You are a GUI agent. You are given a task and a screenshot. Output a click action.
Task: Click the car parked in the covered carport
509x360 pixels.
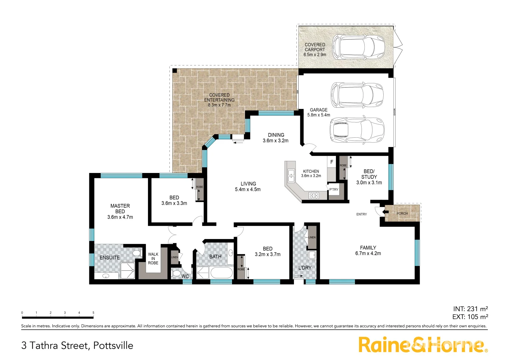[359, 47]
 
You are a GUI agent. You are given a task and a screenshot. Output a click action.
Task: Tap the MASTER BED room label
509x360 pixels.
[120, 209]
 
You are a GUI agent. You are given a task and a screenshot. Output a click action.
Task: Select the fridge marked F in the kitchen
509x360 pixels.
[332, 162]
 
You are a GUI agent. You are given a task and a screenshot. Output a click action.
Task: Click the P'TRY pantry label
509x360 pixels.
[334, 190]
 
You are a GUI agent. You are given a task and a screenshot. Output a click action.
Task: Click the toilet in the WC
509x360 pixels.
[176, 274]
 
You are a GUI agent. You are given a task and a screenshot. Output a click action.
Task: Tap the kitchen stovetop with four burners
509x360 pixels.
[314, 196]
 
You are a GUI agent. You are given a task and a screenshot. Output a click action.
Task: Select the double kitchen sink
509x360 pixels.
[291, 176]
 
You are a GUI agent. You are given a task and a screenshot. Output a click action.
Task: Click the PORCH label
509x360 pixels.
[402, 214]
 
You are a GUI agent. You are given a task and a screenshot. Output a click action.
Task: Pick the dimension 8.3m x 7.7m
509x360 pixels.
[219, 105]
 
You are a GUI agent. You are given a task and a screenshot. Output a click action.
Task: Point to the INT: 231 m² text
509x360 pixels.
[470, 309]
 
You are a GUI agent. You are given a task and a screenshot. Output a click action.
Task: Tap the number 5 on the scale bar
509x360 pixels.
[93, 313]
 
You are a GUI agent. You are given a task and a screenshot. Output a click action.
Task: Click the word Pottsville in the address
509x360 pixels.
[113, 346]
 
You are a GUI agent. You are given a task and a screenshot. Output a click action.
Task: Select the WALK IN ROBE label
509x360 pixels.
[153, 259]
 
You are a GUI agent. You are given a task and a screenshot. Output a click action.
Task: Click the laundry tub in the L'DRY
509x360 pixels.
[312, 255]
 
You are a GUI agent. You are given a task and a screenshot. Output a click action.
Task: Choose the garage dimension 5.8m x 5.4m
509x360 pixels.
[319, 115]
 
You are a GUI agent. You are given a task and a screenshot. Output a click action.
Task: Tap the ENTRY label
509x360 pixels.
[361, 214]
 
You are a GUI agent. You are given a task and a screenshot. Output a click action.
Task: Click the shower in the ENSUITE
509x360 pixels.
[127, 271]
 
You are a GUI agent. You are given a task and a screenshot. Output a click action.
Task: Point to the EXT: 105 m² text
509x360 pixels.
[470, 317]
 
